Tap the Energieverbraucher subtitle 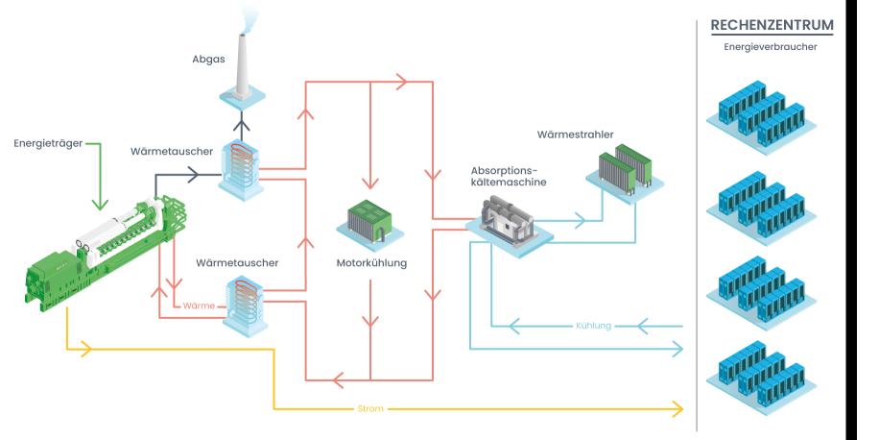771,46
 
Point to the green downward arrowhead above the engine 97,204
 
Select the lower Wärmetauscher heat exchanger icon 244,304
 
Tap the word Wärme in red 198,306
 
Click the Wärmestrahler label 575,134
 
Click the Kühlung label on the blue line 594,325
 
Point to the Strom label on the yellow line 370,409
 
